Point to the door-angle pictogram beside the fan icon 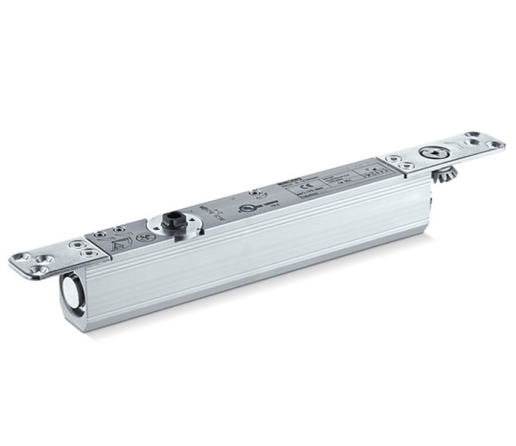click(x=120, y=245)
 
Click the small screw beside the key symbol click(x=255, y=193)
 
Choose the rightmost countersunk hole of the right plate click(x=495, y=144)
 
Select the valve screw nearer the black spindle click(x=119, y=229)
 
